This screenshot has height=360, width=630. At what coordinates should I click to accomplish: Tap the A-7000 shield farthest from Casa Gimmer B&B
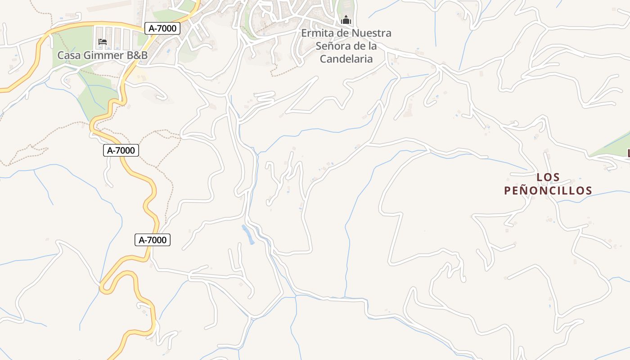tap(153, 240)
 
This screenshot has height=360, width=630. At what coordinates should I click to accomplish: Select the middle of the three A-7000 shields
tap(121, 150)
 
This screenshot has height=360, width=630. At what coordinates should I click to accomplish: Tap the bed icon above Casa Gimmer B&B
tap(103, 42)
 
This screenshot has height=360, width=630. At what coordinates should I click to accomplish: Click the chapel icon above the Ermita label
tap(346, 20)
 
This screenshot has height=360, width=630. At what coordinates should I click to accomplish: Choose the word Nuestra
tap(371, 33)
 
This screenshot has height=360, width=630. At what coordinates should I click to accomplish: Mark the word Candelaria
tap(346, 59)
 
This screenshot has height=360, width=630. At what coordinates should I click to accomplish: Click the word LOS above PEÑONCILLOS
tap(548, 177)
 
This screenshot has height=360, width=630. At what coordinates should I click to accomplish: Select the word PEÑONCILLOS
tap(548, 190)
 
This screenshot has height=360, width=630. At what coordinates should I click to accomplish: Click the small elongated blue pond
tap(248, 234)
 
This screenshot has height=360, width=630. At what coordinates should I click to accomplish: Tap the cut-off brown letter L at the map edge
tap(629, 153)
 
